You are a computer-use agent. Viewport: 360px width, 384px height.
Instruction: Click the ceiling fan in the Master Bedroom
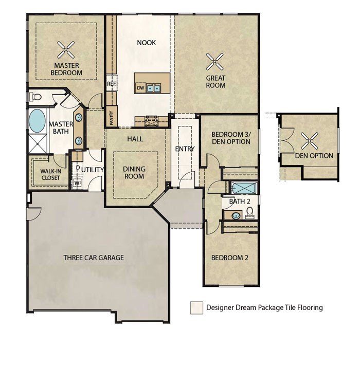click(66, 50)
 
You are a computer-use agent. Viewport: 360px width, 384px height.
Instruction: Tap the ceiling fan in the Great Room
click(214, 62)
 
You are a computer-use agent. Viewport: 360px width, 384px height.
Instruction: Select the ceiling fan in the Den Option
click(309, 141)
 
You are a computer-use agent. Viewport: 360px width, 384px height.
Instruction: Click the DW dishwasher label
click(140, 88)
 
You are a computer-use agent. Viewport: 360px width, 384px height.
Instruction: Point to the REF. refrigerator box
click(112, 83)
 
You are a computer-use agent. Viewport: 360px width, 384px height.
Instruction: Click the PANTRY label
click(112, 118)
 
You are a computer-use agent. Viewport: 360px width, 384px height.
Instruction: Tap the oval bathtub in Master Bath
click(37, 121)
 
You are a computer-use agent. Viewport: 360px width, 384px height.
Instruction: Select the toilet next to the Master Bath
click(35, 97)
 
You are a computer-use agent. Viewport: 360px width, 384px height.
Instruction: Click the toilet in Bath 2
click(250, 213)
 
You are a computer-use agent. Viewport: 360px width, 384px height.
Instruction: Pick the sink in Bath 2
click(236, 216)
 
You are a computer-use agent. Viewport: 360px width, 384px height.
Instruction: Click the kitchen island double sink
click(153, 88)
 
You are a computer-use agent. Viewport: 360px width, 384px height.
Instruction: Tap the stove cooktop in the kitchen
click(152, 121)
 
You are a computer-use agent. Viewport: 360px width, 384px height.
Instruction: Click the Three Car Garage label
click(94, 258)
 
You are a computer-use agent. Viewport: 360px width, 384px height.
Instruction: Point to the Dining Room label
click(134, 172)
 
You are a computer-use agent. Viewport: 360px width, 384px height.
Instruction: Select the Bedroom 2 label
click(229, 258)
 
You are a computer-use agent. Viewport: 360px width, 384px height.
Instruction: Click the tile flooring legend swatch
click(196, 307)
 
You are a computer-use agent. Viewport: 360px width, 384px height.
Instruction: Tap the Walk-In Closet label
click(50, 174)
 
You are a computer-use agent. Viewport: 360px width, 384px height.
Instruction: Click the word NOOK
click(146, 43)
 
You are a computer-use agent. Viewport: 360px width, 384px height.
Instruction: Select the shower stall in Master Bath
click(38, 143)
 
